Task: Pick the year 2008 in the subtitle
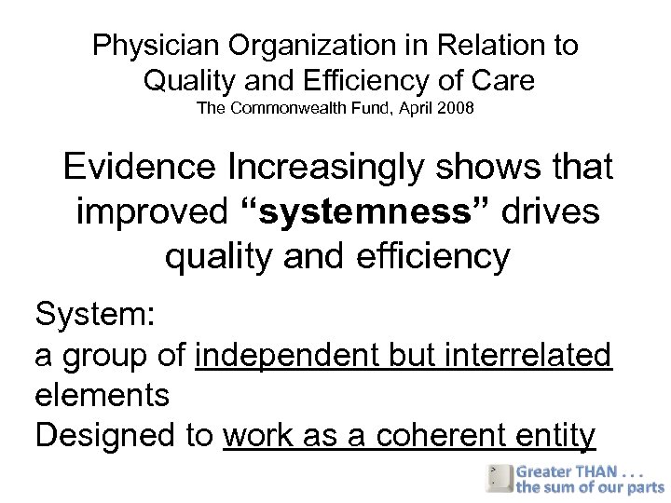(x=456, y=109)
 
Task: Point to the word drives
(x=551, y=212)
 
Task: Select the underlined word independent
(x=287, y=355)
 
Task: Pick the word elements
(x=103, y=395)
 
